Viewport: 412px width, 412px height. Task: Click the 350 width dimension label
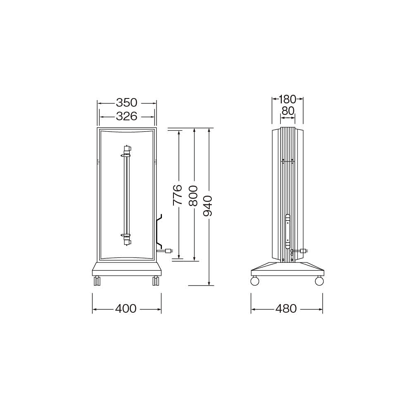tap(126, 103)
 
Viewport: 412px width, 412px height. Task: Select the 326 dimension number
tap(126, 116)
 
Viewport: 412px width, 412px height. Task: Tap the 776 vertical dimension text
tap(178, 195)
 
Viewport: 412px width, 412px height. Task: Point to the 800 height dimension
tap(193, 196)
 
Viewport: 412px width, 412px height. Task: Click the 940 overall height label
tap(208, 206)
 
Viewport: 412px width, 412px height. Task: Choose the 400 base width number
tap(126, 309)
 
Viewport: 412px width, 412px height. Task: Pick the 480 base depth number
tap(286, 309)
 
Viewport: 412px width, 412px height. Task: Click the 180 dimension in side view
tap(287, 99)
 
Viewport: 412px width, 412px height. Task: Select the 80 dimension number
tap(288, 111)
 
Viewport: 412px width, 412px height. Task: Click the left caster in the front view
tap(97, 281)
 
